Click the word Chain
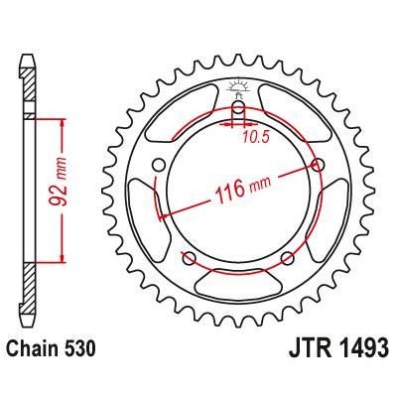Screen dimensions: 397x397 click(31, 350)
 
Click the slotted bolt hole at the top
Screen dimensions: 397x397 click(239, 110)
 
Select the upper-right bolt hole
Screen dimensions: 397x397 click(318, 165)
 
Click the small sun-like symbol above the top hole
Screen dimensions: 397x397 click(239, 88)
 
